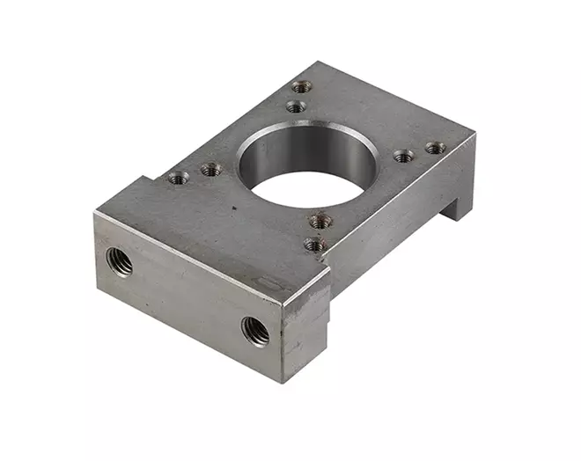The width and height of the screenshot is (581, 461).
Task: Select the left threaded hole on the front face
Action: [119, 261]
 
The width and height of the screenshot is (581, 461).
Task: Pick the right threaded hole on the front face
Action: [255, 331]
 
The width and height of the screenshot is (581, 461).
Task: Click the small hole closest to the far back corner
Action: [302, 87]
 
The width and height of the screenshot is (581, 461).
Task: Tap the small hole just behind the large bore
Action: [297, 107]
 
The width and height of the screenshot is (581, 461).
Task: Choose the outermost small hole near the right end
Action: [435, 149]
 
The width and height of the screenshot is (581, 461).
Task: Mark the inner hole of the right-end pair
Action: [403, 157]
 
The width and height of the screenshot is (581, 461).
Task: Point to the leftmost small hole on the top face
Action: [178, 178]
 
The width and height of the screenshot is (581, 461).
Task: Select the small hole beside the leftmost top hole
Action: [210, 170]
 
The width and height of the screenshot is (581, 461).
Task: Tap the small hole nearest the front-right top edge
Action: [315, 245]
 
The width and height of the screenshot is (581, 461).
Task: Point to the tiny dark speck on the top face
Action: [234, 209]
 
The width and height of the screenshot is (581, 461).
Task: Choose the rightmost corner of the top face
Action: [475, 135]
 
